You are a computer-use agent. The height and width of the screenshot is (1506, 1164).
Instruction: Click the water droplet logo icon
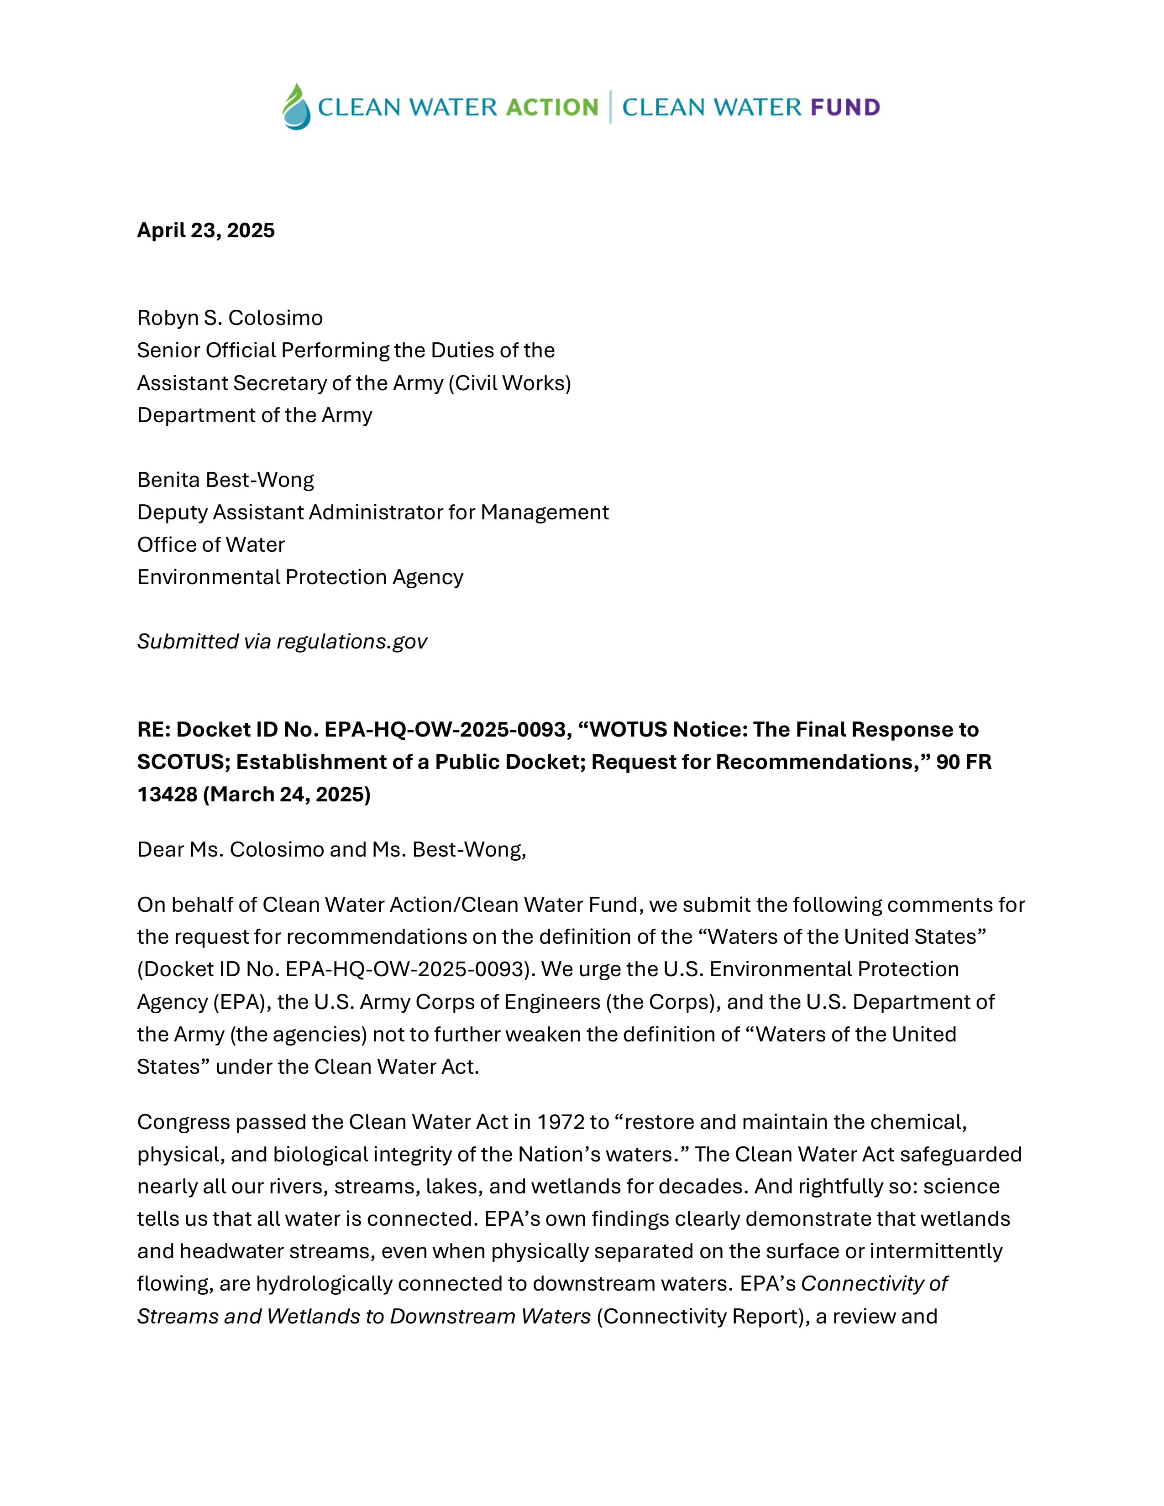(x=297, y=107)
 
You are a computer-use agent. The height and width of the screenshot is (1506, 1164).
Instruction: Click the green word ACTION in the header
(x=552, y=108)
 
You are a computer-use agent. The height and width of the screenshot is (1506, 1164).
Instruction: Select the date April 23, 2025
(x=205, y=230)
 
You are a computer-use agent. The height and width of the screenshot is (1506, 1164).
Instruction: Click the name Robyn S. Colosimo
(x=230, y=318)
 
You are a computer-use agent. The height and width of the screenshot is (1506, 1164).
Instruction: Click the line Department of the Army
(x=254, y=415)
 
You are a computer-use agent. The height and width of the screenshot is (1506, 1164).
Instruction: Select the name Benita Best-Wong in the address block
(x=225, y=480)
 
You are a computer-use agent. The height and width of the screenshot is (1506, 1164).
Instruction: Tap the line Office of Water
(x=210, y=545)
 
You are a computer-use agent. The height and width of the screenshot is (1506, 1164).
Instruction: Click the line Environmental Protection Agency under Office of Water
(x=300, y=577)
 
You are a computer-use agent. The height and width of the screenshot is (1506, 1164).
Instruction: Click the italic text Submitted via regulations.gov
(x=282, y=642)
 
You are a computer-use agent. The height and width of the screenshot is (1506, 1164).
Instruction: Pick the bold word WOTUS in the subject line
(x=628, y=730)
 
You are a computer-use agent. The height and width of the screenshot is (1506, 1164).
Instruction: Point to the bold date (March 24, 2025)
(x=286, y=795)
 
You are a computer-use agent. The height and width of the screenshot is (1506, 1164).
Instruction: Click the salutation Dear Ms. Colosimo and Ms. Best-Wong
(x=331, y=850)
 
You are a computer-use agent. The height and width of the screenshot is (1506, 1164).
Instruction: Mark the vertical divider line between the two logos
(x=610, y=107)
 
